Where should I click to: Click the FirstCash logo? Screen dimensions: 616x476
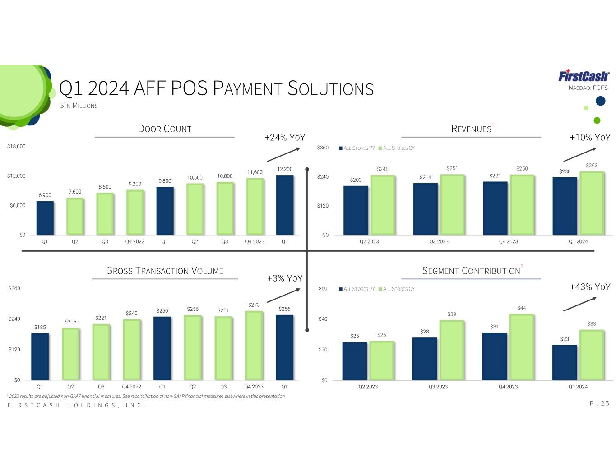point(584,76)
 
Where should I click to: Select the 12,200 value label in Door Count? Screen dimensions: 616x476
point(284,169)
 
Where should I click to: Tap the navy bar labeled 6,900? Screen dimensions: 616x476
point(45,218)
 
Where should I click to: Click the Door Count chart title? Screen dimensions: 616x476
point(164,129)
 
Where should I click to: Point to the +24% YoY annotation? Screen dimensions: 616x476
point(285,138)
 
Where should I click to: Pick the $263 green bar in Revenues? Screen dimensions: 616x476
point(592,203)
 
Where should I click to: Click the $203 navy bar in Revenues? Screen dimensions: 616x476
point(356,210)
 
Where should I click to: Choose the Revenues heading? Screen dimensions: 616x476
point(471,129)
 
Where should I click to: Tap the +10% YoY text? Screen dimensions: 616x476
point(590,138)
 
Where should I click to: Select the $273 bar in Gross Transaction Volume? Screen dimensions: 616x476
point(254,346)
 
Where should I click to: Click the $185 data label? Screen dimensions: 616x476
point(40,327)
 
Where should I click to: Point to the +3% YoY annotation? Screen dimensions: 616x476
point(285,278)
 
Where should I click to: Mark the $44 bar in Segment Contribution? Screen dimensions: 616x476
point(522,347)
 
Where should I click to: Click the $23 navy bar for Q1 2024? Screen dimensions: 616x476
point(565,362)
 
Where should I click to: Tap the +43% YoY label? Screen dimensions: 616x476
point(590,287)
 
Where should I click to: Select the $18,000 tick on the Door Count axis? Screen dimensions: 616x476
point(16,146)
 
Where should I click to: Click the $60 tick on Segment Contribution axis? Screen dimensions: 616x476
point(323,288)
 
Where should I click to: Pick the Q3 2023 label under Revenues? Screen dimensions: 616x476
point(439,241)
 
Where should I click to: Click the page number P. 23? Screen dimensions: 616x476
point(599,403)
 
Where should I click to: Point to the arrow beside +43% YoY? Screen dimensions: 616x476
point(580,304)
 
